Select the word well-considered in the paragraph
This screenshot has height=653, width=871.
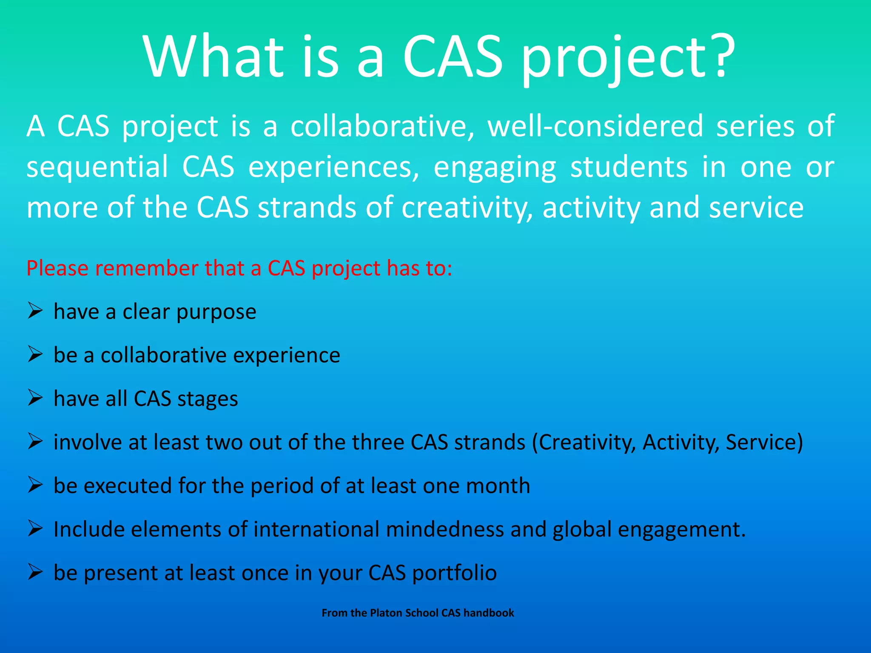pyautogui.click(x=595, y=126)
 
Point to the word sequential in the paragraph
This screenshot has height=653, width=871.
pyautogui.click(x=97, y=167)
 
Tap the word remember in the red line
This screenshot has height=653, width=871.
pyautogui.click(x=147, y=269)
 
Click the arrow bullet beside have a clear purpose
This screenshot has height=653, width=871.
pyautogui.click(x=35, y=311)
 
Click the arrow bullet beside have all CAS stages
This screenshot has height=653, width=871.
pyautogui.click(x=35, y=398)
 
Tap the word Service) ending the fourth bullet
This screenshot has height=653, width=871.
pyautogui.click(x=764, y=443)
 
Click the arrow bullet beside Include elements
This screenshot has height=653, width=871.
pyautogui.click(x=35, y=528)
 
